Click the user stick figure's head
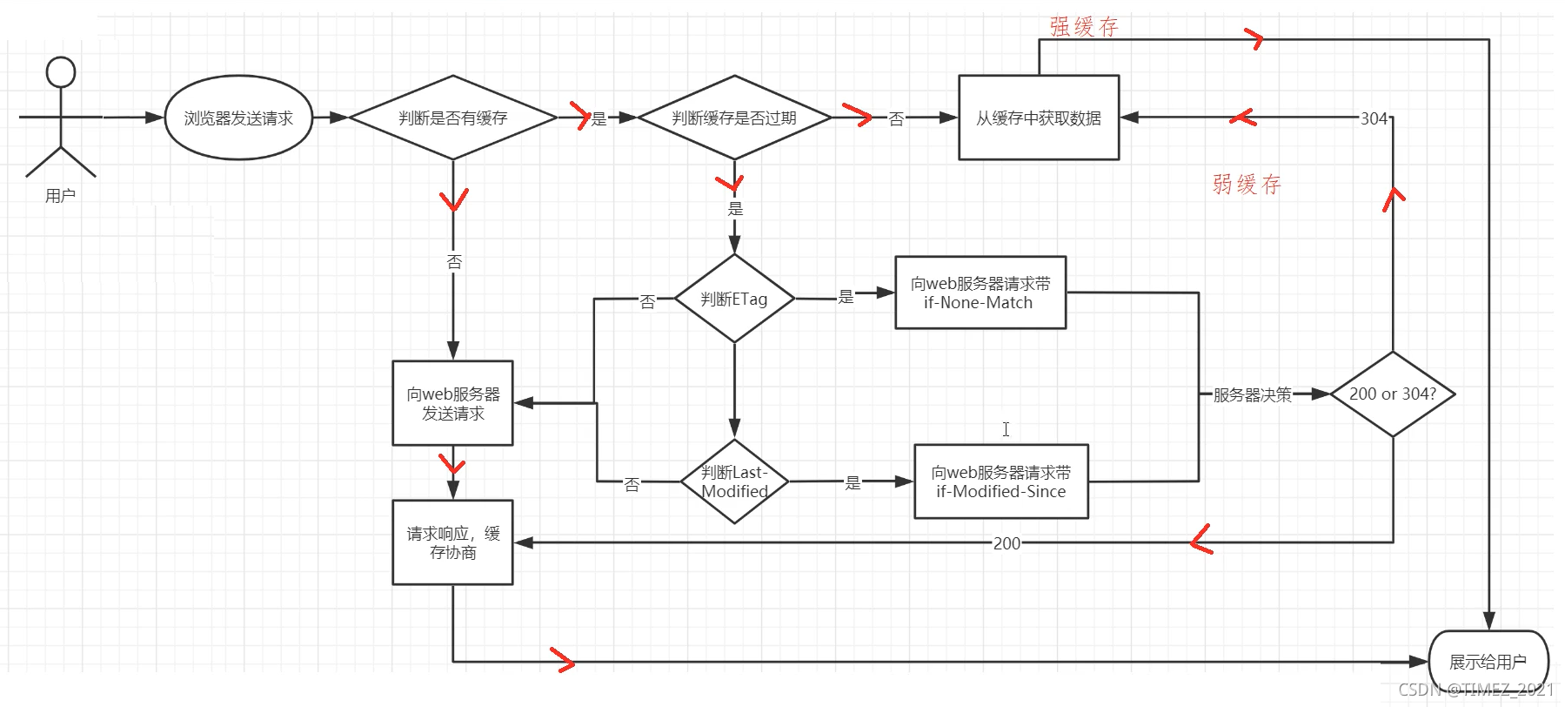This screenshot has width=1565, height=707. (x=61, y=72)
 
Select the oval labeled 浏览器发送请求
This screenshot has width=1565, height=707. (x=238, y=118)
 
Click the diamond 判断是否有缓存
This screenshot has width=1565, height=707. (x=452, y=118)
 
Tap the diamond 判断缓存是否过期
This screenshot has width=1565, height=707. (x=734, y=118)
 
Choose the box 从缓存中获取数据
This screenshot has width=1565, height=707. (x=1038, y=118)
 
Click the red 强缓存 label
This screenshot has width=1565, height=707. (x=1084, y=27)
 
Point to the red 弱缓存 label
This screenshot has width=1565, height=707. (x=1247, y=184)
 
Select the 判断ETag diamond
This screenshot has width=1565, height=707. (x=734, y=299)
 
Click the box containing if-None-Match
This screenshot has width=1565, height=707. (x=980, y=293)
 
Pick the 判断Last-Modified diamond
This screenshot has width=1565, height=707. (x=734, y=481)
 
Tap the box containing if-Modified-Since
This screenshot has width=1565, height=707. (x=1000, y=481)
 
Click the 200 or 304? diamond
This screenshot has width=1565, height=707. (x=1392, y=394)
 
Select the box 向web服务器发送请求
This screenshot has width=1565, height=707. (x=452, y=403)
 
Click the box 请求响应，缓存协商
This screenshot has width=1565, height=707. (x=452, y=542)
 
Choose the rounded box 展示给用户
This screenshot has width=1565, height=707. (x=1488, y=662)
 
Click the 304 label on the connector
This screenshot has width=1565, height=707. (x=1374, y=118)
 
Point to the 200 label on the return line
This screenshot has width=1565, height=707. (x=1007, y=543)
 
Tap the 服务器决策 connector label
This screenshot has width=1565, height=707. (x=1252, y=394)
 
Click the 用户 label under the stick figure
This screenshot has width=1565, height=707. (x=60, y=196)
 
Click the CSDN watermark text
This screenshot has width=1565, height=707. (x=1475, y=690)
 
